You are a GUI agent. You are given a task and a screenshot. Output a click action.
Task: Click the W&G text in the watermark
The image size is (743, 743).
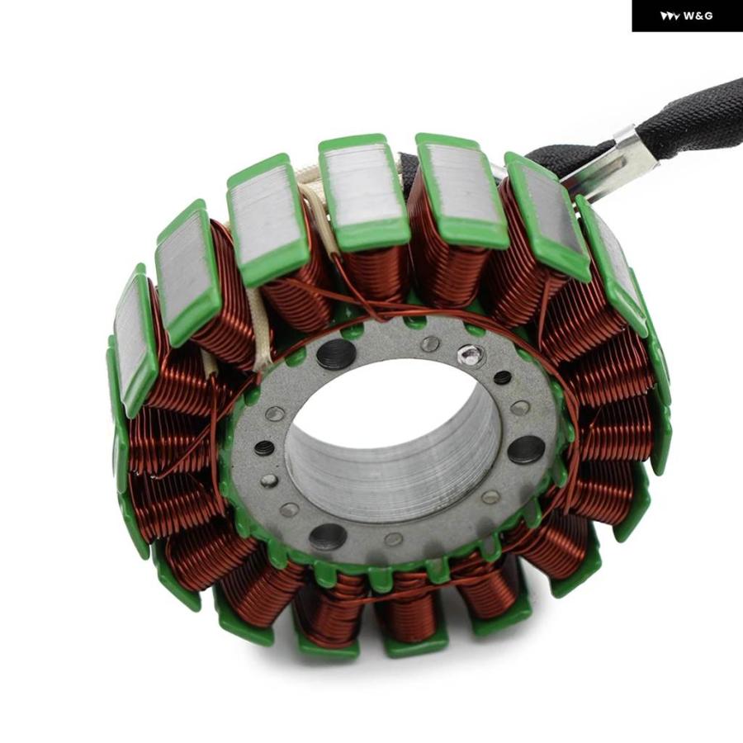click(698, 17)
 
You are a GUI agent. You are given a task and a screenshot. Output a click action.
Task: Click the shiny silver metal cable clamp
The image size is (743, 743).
click(611, 159)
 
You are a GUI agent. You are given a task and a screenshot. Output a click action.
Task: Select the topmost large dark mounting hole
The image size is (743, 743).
click(336, 354)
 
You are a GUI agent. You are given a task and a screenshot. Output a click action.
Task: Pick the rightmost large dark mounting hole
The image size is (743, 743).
click(526, 450)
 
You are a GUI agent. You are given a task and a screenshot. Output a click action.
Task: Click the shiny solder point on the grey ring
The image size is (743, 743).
click(470, 353)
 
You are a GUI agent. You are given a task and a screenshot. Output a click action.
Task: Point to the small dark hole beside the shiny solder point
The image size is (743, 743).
click(502, 377)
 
